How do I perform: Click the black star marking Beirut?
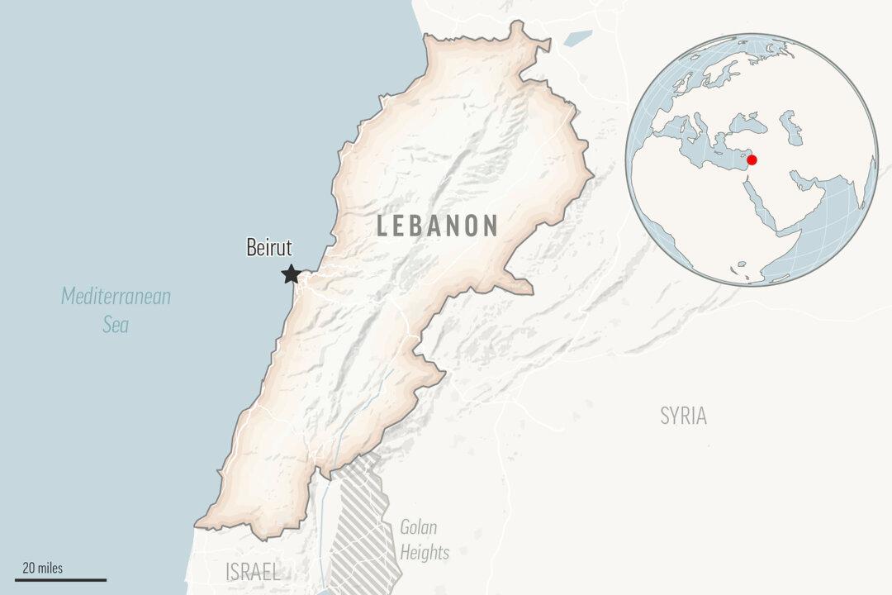[x=291, y=274]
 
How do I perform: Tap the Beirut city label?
[x=269, y=247]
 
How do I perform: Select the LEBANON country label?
[x=437, y=226]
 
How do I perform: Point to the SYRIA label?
[x=683, y=416]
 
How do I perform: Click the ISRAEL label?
[x=253, y=572]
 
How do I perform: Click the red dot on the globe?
[x=752, y=159]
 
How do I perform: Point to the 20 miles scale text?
[x=42, y=568]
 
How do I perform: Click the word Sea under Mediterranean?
[x=116, y=325]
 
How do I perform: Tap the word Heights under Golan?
[x=425, y=552]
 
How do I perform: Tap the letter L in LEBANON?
[x=383, y=226]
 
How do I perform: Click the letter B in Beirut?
[x=252, y=247]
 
